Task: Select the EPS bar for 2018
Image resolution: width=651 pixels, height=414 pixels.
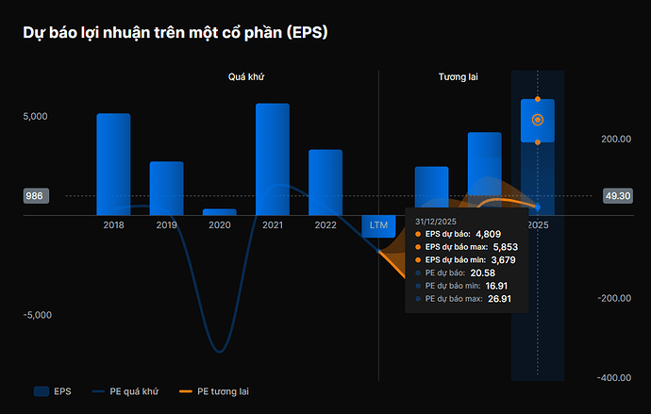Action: pyautogui.click(x=113, y=164)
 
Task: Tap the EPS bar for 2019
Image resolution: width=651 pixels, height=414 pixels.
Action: pyautogui.click(x=166, y=188)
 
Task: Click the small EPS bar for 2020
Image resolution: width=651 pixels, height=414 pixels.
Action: pyautogui.click(x=219, y=212)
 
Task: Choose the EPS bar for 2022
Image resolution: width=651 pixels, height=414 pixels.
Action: pyautogui.click(x=325, y=182)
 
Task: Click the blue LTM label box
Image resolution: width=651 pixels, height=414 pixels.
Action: pyautogui.click(x=378, y=225)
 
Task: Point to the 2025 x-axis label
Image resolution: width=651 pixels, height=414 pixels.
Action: pyautogui.click(x=538, y=225)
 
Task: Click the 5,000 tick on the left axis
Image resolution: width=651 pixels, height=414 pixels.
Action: pyautogui.click(x=35, y=117)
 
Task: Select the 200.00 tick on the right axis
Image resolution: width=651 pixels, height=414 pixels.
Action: pyautogui.click(x=617, y=140)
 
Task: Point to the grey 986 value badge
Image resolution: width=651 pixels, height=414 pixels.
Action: pyautogui.click(x=35, y=196)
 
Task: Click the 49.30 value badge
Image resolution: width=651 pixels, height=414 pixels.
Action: pyautogui.click(x=617, y=196)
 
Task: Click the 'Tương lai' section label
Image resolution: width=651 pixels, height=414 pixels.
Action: pyautogui.click(x=458, y=75)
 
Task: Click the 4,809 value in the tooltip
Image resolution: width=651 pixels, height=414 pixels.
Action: pyautogui.click(x=488, y=233)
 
